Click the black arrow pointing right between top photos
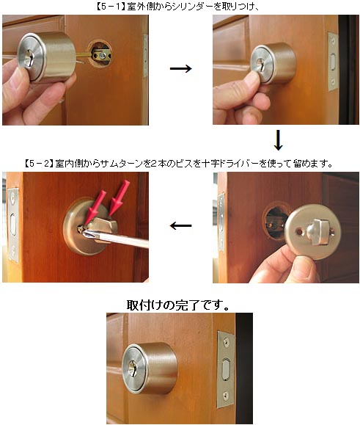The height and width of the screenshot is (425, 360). [180, 68]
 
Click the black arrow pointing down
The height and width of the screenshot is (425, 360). [278, 140]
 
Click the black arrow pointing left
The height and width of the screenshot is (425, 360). [180, 225]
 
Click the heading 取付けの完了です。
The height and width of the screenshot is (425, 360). [178, 305]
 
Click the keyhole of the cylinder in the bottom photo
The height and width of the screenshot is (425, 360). [133, 368]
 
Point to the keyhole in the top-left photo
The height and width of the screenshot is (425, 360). [29, 59]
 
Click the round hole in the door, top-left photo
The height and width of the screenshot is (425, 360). [100, 54]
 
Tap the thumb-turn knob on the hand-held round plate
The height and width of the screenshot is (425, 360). [320, 230]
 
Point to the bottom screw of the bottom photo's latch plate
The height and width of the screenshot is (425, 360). [226, 396]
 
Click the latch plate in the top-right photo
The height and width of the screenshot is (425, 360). [333, 62]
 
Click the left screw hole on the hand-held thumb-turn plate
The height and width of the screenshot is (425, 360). [299, 232]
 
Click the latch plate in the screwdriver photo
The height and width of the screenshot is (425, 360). [12, 225]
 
